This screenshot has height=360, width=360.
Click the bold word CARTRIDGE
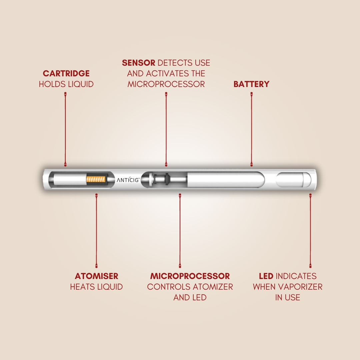pyautogui.click(x=66, y=73)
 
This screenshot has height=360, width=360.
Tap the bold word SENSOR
pyautogui.click(x=138, y=63)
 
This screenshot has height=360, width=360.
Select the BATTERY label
pyautogui.click(x=251, y=84)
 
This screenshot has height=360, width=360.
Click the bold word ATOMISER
pyautogui.click(x=96, y=276)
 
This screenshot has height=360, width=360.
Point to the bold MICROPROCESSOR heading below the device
pyautogui.click(x=190, y=276)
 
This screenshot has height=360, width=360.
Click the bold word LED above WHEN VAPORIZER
pyautogui.click(x=266, y=276)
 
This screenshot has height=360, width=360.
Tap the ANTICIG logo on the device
pyautogui.click(x=128, y=180)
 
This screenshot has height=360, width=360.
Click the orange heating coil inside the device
pyautogui.click(x=96, y=179)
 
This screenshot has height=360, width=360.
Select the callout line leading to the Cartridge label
pyautogui.click(x=65, y=129)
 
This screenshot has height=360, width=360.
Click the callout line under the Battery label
pyautogui.click(x=251, y=129)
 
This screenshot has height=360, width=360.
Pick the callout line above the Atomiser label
pyautogui.click(x=96, y=231)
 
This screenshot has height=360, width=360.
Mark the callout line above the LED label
pyautogui.click(x=310, y=231)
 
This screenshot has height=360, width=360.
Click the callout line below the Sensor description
pyautogui.click(x=166, y=129)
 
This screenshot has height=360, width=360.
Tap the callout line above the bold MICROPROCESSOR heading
pyautogui.click(x=180, y=231)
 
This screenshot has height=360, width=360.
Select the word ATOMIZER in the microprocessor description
pyautogui.click(x=213, y=287)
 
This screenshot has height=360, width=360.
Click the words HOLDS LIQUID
pyautogui.click(x=66, y=84)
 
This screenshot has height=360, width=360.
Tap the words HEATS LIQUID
pyautogui.click(x=96, y=287)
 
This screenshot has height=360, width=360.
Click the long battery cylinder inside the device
pyautogui.click(x=226, y=180)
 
